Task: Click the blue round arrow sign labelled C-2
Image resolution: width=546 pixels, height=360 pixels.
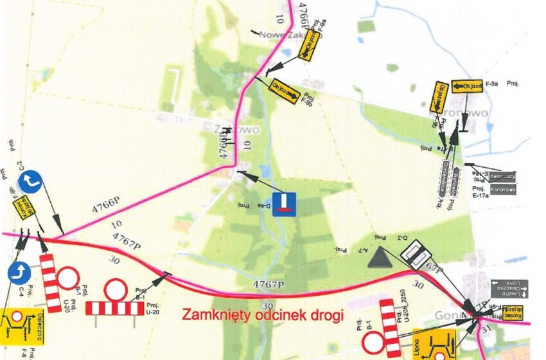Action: click(30, 182)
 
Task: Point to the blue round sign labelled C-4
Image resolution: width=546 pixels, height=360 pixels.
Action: click(20, 273)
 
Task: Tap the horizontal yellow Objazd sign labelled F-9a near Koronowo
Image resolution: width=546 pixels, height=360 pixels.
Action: click(467, 86)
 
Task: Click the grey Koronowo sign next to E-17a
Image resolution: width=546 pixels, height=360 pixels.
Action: click(502, 190)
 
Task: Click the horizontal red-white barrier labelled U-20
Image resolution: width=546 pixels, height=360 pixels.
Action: click(115, 309)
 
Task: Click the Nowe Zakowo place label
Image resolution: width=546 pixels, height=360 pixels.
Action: click(282, 37)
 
